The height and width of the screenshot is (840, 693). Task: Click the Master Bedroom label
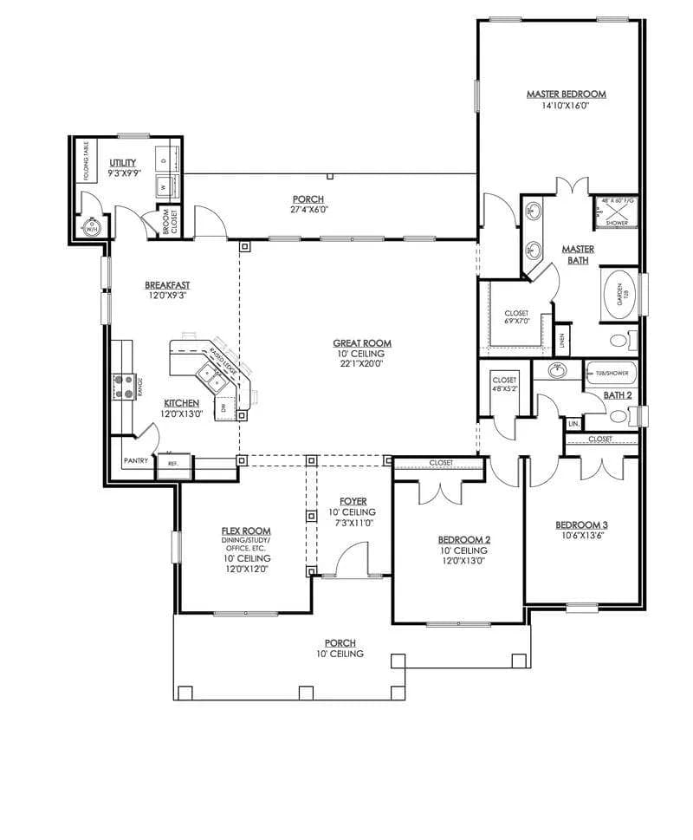(566, 94)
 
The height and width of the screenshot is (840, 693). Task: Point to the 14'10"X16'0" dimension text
(566, 106)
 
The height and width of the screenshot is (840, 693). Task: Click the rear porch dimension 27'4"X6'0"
(308, 209)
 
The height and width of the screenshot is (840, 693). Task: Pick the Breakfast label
(167, 284)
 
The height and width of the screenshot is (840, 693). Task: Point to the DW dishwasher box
(224, 407)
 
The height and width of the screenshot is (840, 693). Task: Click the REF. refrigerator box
(172, 464)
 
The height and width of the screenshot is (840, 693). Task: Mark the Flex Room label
(246, 531)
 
